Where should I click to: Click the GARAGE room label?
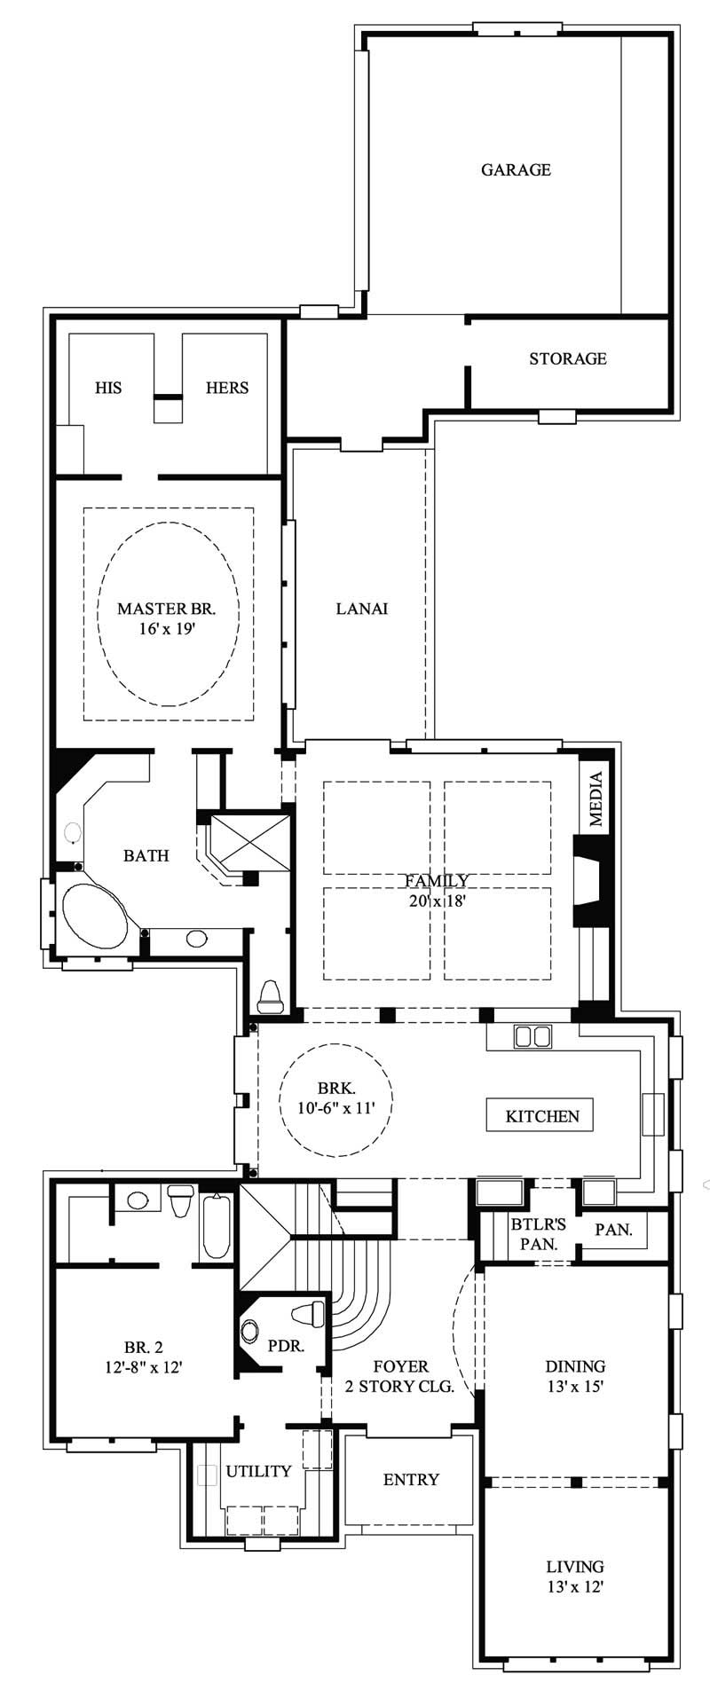click(516, 169)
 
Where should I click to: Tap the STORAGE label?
click(567, 358)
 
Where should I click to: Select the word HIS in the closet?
click(108, 388)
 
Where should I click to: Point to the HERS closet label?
click(227, 388)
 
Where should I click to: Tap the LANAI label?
click(361, 609)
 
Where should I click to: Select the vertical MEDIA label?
click(596, 799)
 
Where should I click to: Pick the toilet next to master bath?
click(269, 997)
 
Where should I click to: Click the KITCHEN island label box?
click(541, 1116)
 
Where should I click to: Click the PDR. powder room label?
click(286, 1345)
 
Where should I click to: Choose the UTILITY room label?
click(258, 1471)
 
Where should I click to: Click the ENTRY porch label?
click(411, 1479)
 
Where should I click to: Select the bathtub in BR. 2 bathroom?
click(216, 1226)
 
